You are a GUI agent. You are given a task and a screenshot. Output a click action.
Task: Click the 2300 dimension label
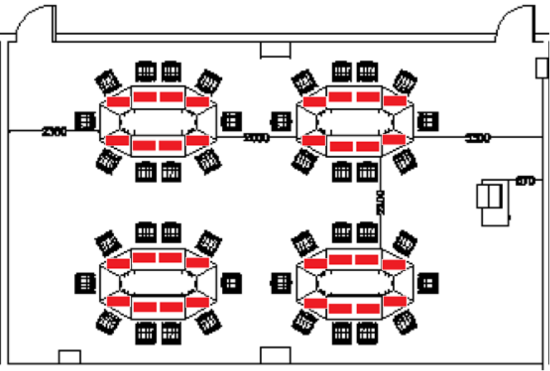point(54,132)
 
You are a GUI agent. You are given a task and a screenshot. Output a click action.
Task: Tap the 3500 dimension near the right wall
point(478,138)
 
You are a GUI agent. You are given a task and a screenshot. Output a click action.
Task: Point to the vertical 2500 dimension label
point(380,202)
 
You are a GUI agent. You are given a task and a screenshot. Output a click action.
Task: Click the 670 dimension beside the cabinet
point(524,180)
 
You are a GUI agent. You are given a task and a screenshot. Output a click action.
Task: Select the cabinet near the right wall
point(492,201)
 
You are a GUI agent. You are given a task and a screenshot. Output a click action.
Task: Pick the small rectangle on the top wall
point(275,50)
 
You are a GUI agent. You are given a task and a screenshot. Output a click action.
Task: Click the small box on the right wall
point(542,66)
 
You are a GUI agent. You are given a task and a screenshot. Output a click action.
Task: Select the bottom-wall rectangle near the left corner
point(69,357)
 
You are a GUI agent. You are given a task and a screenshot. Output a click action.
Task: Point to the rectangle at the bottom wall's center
point(275,356)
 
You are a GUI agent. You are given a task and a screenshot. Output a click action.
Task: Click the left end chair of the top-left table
point(85,121)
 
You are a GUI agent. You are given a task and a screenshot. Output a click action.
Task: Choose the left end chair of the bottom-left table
point(85,283)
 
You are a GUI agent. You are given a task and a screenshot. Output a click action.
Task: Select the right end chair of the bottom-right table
point(428,283)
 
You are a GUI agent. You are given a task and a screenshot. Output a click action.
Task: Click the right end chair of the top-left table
point(230,121)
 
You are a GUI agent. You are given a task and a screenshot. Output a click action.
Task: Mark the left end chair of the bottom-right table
point(280,283)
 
